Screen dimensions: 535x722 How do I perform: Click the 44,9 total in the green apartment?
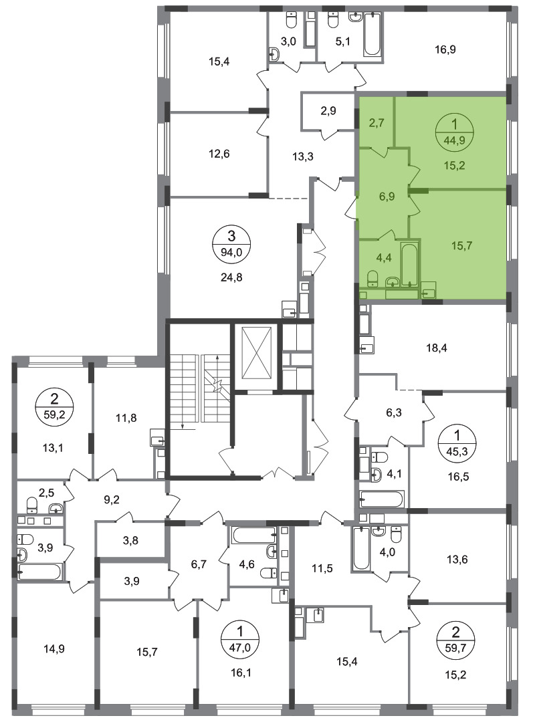pos(454,140)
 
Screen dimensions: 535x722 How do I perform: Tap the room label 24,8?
pos(231,277)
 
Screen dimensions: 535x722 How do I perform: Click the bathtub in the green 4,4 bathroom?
pos(409,265)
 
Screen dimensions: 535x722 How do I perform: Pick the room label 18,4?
pos(437,348)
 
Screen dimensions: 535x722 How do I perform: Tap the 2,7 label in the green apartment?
pos(377,123)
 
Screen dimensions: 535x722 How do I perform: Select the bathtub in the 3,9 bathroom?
pos(39,572)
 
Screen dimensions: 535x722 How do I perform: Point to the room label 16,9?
pos(445,49)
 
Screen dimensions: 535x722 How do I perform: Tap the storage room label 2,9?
pos(328,111)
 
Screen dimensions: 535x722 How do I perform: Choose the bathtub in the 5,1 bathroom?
pos(372,34)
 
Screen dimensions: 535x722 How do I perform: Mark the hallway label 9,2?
pos(112,499)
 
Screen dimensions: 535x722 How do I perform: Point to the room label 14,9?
pos(54,648)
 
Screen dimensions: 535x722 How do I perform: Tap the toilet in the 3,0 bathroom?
pos(291,20)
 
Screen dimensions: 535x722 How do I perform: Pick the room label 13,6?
pos(457,560)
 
